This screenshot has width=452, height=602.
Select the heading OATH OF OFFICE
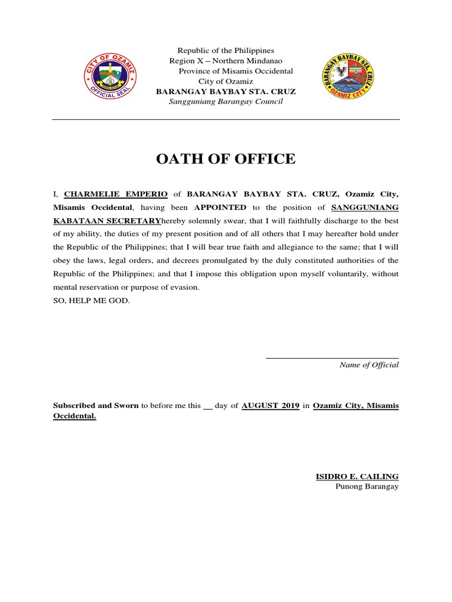pyautogui.click(x=225, y=159)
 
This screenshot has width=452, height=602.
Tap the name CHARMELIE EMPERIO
pyautogui.click(x=116, y=193)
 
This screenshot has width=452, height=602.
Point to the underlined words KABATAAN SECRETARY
pyautogui.click(x=107, y=220)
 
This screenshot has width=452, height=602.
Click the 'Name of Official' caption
pyautogui.click(x=369, y=365)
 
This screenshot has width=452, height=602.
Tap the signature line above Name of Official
pyautogui.click(x=332, y=357)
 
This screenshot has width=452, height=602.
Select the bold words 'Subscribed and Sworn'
pyautogui.click(x=96, y=406)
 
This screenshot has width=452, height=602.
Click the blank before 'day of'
pyautogui.click(x=207, y=406)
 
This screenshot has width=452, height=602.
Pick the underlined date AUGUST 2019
pyautogui.click(x=271, y=406)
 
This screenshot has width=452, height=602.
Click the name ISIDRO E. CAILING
pyautogui.click(x=357, y=476)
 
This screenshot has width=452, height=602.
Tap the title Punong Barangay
pyautogui.click(x=367, y=487)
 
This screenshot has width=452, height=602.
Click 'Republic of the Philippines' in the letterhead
pyautogui.click(x=226, y=51)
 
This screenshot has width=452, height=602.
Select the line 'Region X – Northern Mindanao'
pyautogui.click(x=226, y=61)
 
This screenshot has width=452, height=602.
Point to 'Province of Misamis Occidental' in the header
pyautogui.click(x=235, y=71)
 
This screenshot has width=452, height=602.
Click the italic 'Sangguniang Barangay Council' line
pyautogui.click(x=226, y=102)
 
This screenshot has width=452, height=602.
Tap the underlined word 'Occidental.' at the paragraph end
pyautogui.click(x=75, y=416)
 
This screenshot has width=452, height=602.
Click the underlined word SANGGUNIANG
pyautogui.click(x=365, y=207)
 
